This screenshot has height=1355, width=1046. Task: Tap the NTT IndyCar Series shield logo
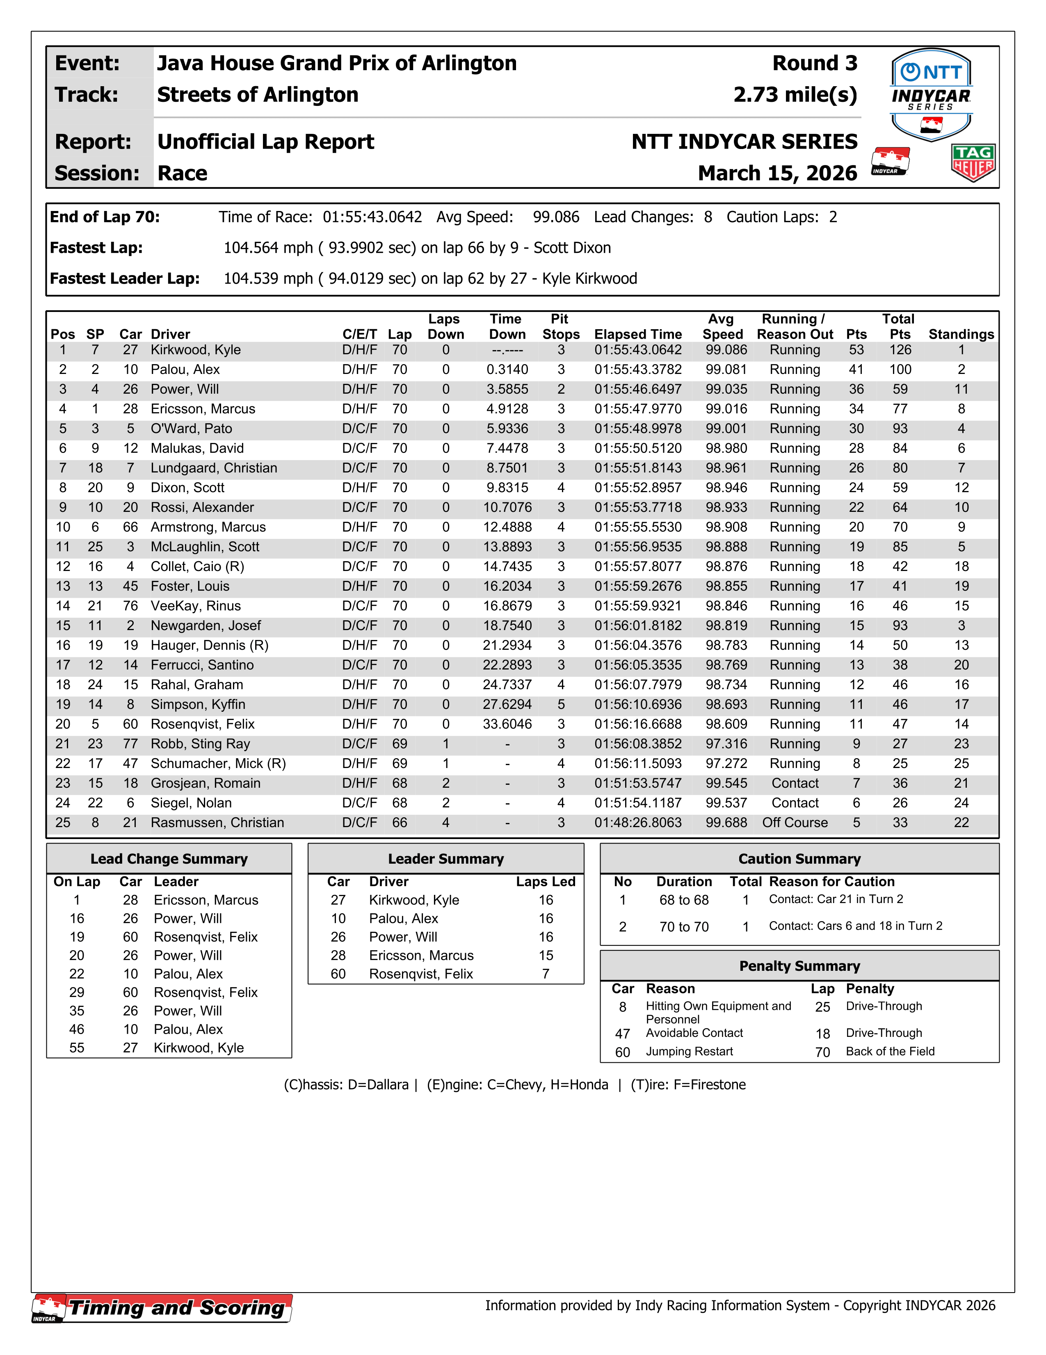coord(931,94)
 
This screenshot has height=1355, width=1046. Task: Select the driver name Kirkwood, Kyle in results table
coord(195,350)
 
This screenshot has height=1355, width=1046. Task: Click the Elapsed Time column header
coord(637,335)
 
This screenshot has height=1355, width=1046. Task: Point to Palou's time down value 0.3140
coord(507,370)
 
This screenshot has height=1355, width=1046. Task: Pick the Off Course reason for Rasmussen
coord(795,823)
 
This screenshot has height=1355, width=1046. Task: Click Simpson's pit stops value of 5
coord(560,704)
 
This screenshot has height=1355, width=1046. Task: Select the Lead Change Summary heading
coord(169,859)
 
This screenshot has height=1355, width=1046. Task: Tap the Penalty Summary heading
coord(799,966)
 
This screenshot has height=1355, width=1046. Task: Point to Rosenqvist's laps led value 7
coord(546,974)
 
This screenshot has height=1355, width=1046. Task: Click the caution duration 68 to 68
coord(683,900)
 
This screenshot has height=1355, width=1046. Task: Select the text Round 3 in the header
coord(814,63)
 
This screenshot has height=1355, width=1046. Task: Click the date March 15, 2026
coord(777,173)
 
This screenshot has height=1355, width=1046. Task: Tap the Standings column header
coord(960,335)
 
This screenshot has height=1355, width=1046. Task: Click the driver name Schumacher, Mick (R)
coord(218,764)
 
